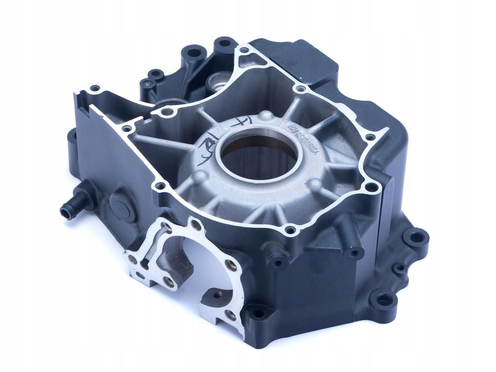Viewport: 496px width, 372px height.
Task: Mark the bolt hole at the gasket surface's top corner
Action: click(244, 51)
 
